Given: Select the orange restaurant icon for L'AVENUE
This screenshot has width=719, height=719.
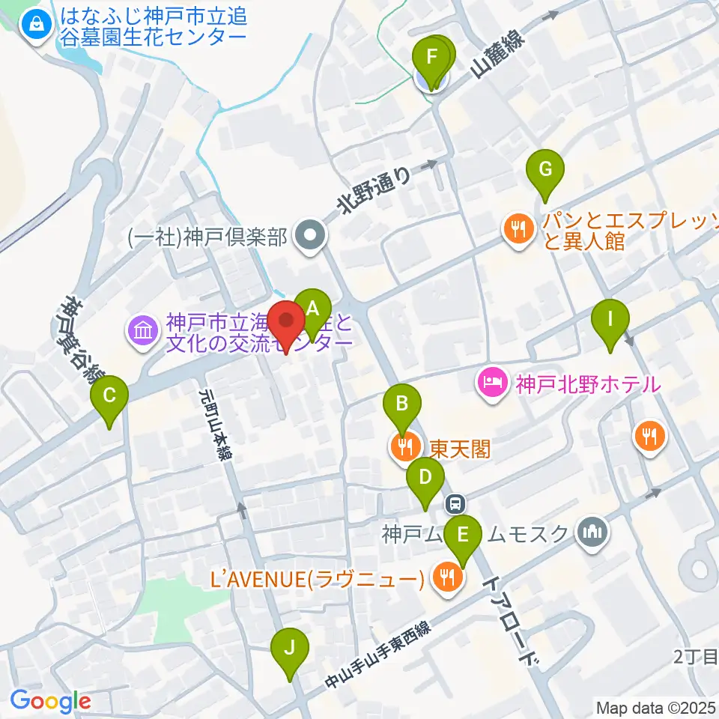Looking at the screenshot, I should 448,576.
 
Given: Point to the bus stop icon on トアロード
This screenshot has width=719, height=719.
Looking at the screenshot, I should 455,503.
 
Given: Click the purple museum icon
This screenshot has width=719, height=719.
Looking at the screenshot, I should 143,330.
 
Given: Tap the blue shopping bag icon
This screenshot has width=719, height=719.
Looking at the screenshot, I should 34,27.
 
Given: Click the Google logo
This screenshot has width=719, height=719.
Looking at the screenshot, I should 50,701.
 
